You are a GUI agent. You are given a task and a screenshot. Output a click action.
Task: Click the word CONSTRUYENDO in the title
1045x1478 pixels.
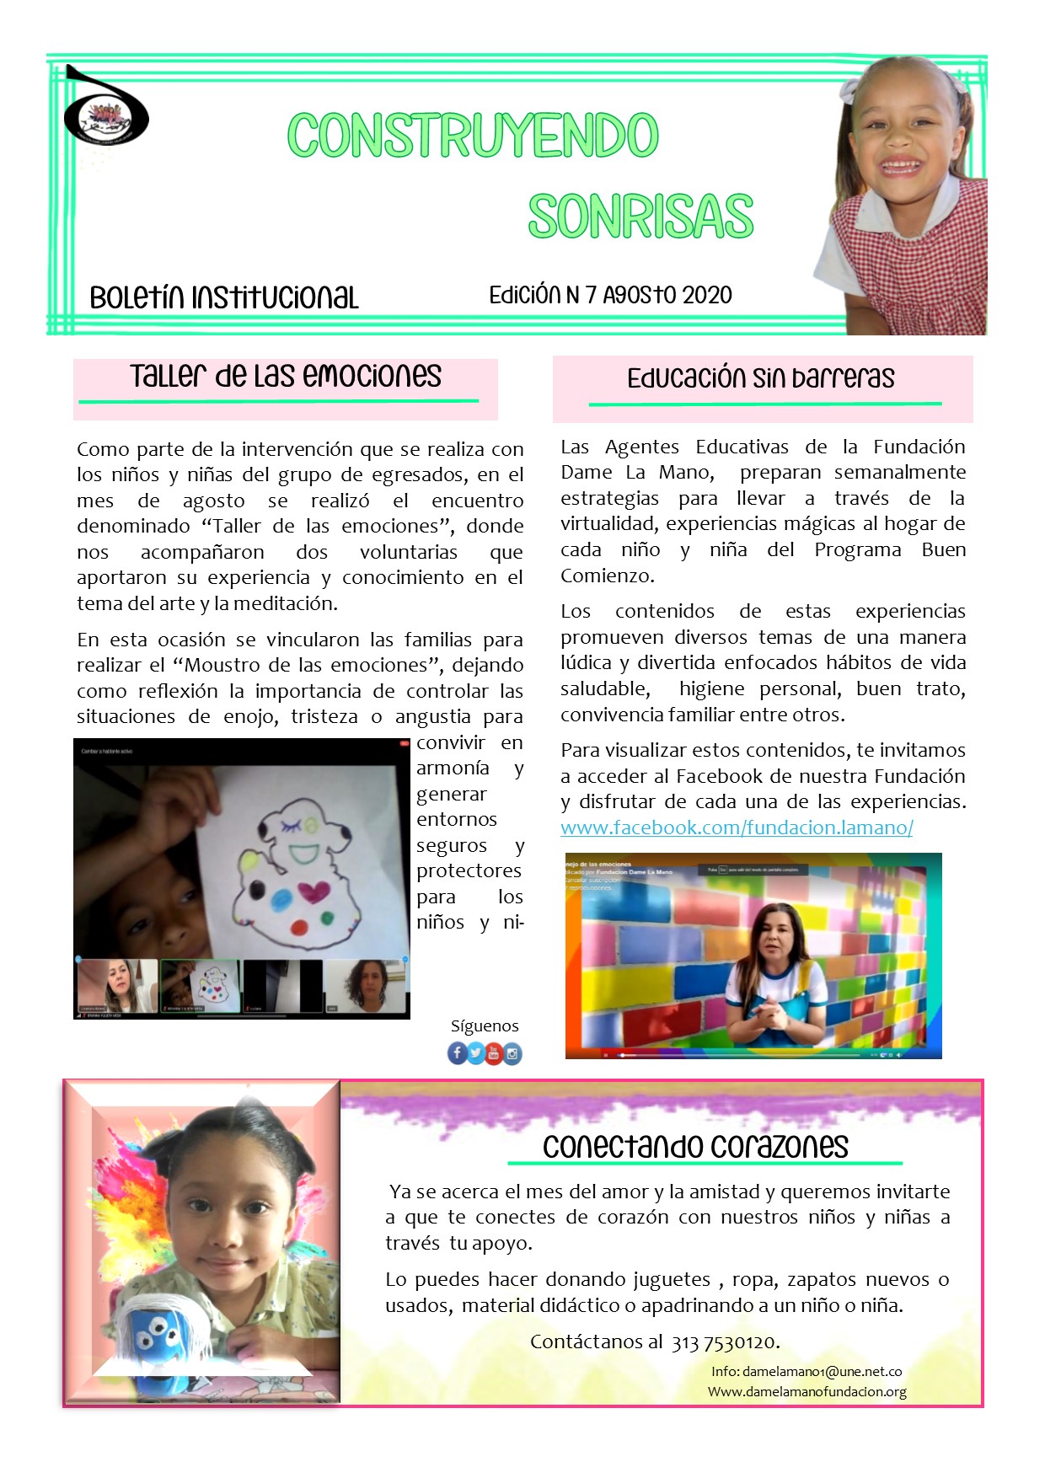tap(473, 136)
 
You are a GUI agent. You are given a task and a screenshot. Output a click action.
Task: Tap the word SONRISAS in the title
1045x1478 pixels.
tap(640, 217)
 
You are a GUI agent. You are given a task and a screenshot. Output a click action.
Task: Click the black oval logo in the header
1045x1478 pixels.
tap(106, 114)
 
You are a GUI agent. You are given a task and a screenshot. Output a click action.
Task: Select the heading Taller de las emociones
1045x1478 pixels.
tap(286, 376)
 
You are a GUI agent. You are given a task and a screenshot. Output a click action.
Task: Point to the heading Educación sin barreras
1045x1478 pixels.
tap(760, 378)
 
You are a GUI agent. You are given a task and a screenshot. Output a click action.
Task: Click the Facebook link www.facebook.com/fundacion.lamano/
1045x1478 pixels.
tap(737, 827)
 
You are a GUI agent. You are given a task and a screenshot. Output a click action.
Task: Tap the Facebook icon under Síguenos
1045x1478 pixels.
tap(457, 1052)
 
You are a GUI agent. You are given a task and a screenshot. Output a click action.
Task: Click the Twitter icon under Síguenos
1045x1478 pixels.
tap(475, 1052)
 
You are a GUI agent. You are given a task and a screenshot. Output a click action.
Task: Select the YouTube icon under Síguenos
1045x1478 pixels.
tap(494, 1052)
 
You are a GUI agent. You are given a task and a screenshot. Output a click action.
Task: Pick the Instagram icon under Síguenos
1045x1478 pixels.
tap(512, 1053)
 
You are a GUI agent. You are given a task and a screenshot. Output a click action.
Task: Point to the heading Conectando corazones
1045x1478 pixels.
tap(695, 1147)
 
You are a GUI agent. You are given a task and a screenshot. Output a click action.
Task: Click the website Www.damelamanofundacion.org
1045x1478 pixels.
tap(807, 1391)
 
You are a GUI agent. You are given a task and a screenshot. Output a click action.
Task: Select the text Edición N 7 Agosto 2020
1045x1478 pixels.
tap(610, 295)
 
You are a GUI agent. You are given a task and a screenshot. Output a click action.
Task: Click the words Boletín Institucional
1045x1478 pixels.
tap(224, 297)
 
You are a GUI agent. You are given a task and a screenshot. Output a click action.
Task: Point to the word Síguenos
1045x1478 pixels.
tap(485, 1025)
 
